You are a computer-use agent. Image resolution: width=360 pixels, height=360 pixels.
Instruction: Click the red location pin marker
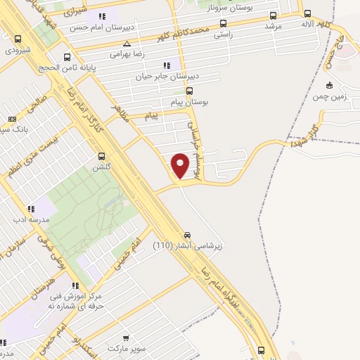pyautogui.click(x=181, y=165)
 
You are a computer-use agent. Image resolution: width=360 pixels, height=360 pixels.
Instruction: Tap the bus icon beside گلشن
pyautogui.click(x=102, y=157)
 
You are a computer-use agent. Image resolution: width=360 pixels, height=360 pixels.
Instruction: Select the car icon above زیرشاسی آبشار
pyautogui.click(x=188, y=235)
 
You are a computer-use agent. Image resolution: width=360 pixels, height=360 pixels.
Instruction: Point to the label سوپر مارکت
pyautogui.click(x=126, y=348)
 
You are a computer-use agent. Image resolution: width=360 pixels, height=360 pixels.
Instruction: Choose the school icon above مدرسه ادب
pyautogui.click(x=31, y=209)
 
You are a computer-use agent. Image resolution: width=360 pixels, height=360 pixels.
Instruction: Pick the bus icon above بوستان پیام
pyautogui.click(x=189, y=91)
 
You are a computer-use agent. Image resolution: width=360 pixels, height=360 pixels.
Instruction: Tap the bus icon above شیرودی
pyautogui.click(x=18, y=40)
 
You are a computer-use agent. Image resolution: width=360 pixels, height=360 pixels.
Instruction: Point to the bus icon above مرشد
pyautogui.click(x=272, y=15)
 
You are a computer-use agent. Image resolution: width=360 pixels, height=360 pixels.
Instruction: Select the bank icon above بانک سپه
pyautogui.click(x=11, y=120)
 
